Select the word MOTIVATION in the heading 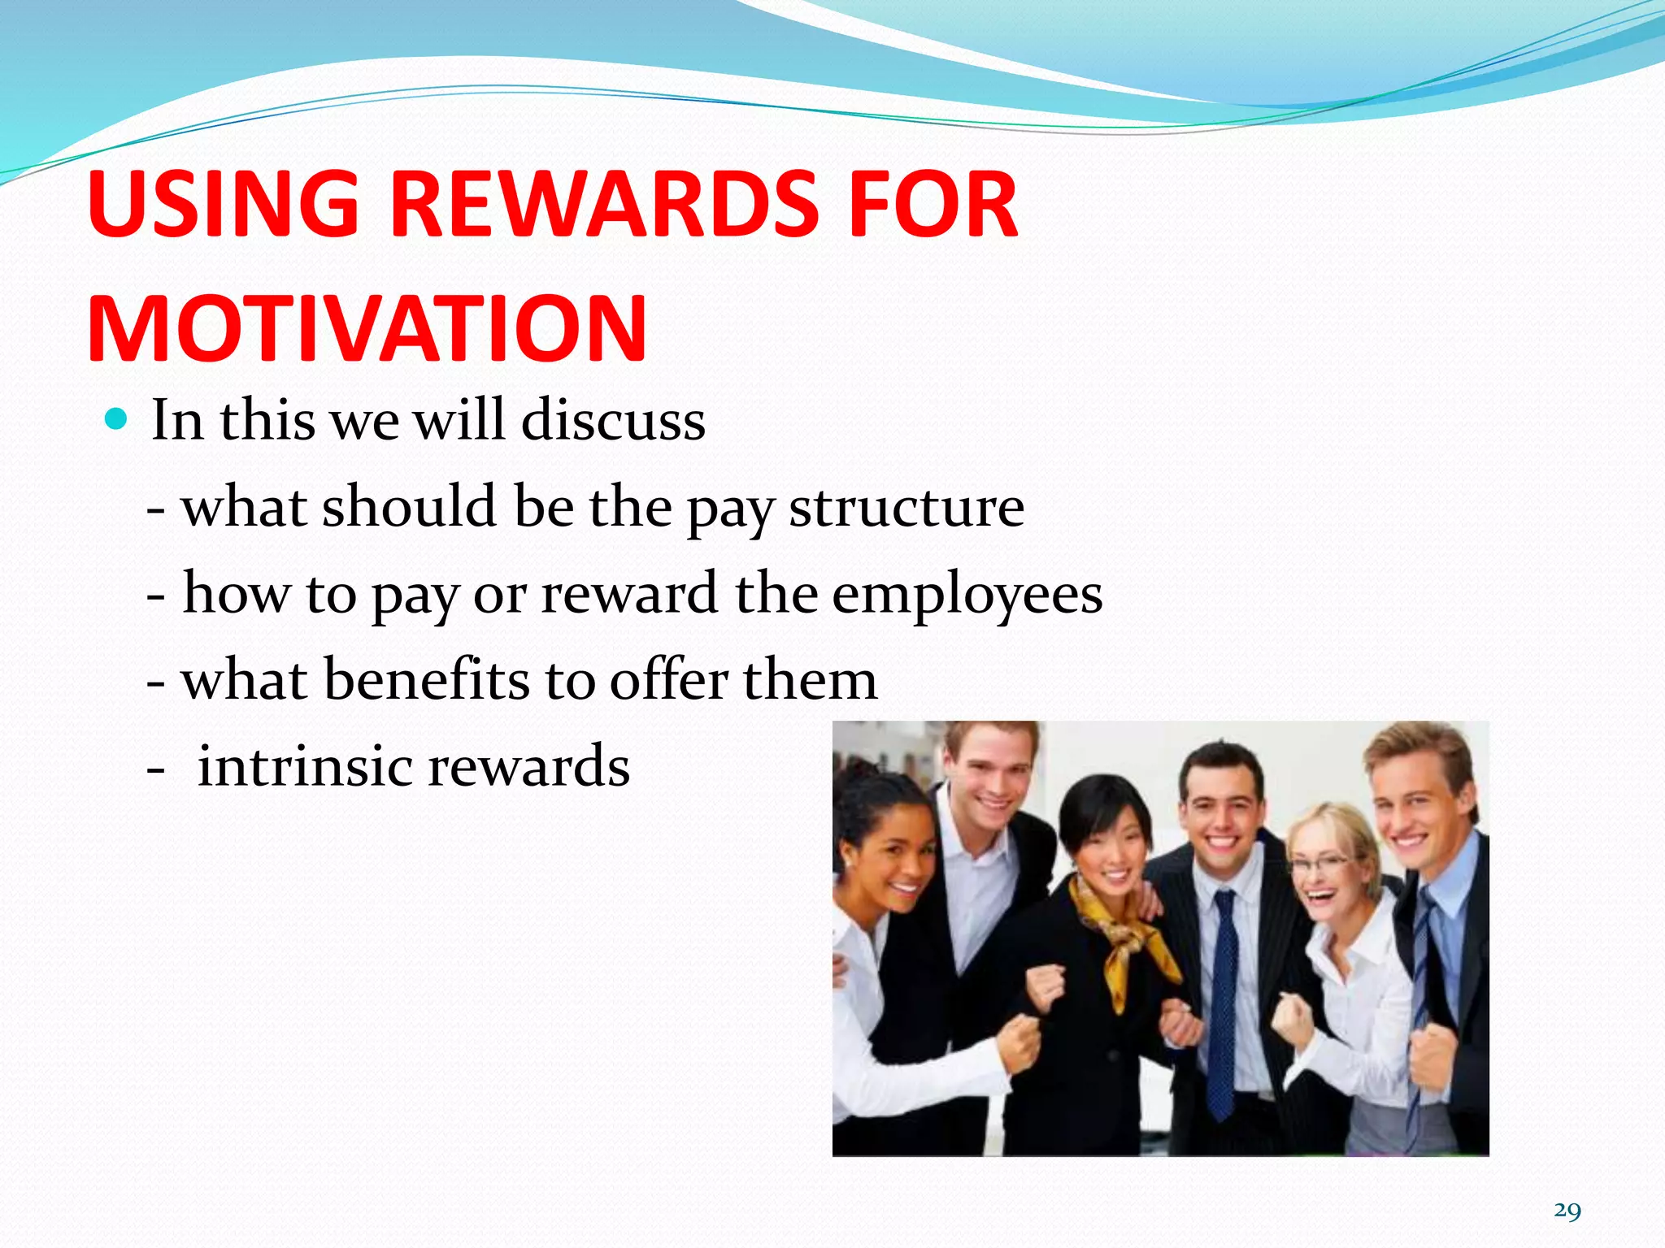tap(367, 329)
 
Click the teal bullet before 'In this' tap(117, 420)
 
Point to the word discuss tap(613, 421)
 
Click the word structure tap(906, 508)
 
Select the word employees tap(967, 594)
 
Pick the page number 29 tap(1567, 1211)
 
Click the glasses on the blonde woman tap(1321, 864)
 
